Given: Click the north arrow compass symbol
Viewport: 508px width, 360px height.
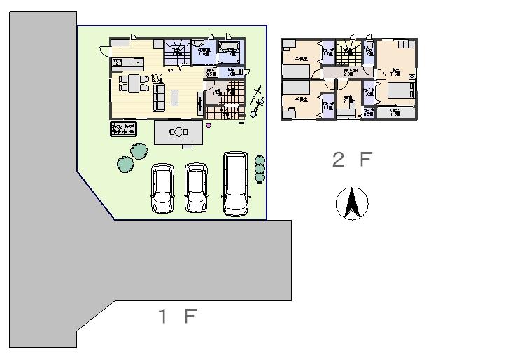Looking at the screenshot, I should point(353,205).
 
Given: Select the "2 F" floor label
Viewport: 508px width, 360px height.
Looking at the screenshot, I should point(352,160).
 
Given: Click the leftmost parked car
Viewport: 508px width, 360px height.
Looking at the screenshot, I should point(164,188).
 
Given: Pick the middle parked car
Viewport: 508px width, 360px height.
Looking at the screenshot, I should point(197,188).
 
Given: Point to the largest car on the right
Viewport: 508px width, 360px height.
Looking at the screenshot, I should point(236,183).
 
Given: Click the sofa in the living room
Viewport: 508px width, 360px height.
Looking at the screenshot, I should point(159,98).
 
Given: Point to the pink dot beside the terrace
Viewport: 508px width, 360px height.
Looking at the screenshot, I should point(208,125).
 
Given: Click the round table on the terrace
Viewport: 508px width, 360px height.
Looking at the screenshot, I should point(179,132).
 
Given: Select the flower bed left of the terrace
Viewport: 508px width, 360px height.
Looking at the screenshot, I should point(123,128).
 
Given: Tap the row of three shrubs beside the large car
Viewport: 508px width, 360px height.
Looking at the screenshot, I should point(260,169).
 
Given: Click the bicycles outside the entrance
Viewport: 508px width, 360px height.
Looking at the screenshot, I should point(255,102).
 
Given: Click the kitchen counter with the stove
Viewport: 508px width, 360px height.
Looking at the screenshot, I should point(127,62).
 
